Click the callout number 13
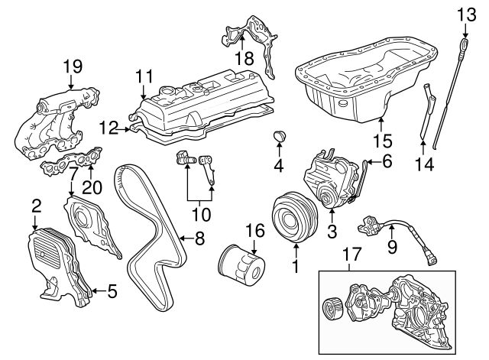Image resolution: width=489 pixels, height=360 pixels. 466,13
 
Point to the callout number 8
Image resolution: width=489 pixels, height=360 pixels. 199,238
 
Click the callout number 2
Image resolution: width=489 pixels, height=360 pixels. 35,205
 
